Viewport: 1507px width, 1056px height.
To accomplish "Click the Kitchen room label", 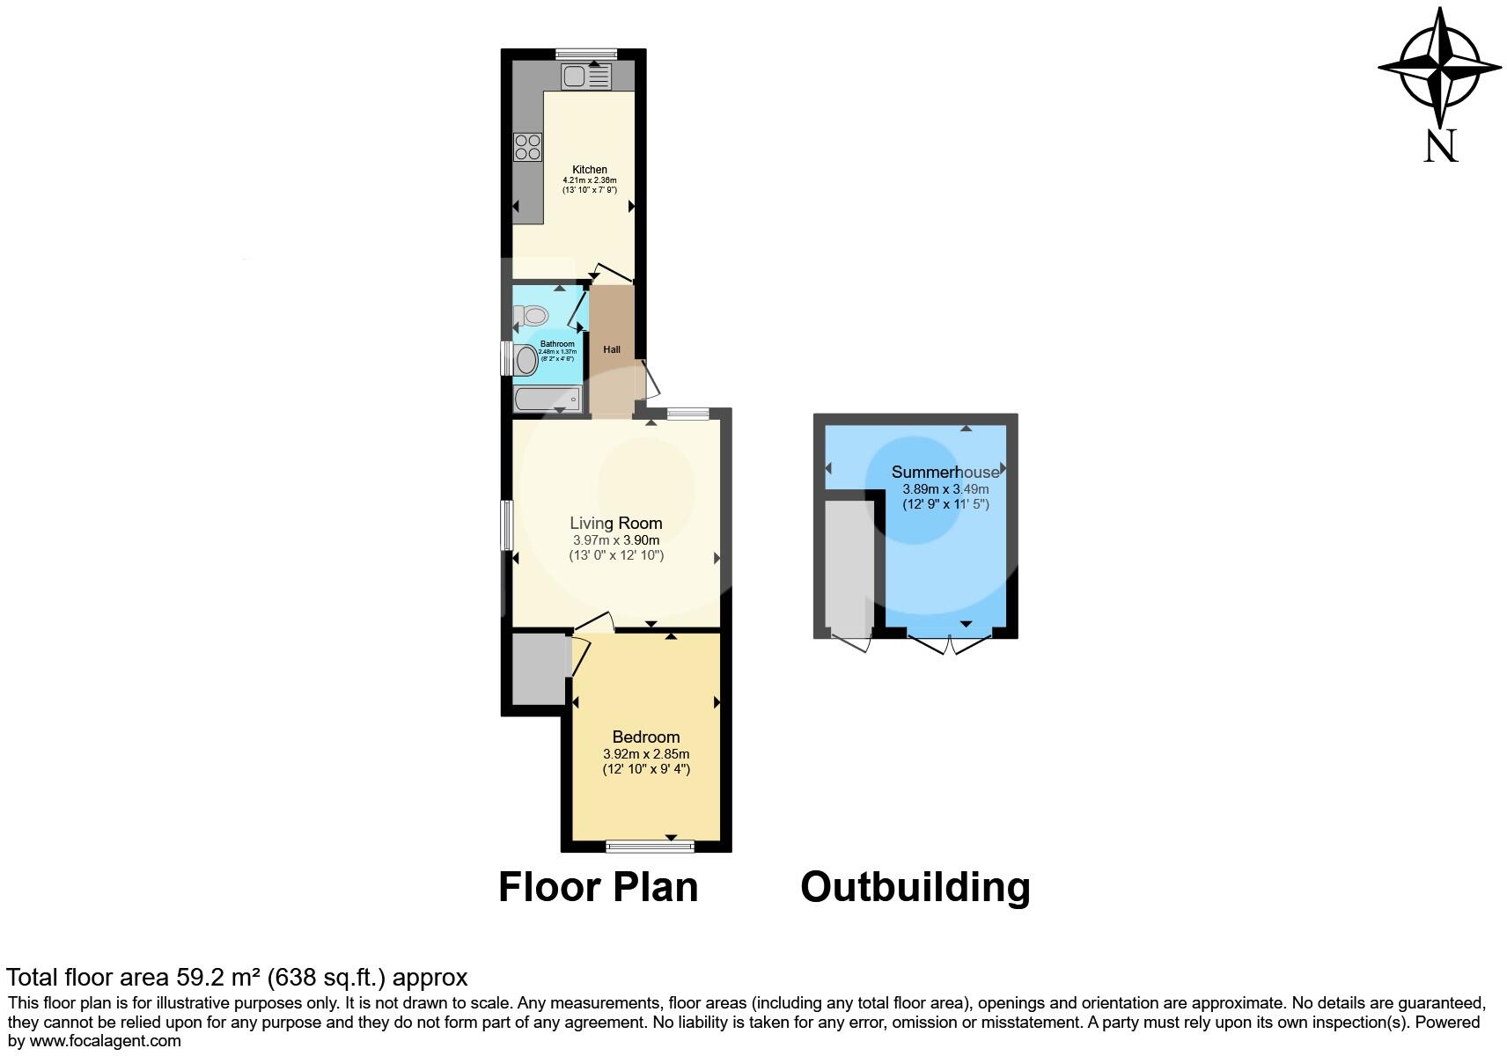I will (590, 170).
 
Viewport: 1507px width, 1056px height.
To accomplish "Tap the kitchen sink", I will (585, 78).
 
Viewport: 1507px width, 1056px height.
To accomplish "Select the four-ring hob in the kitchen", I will (528, 146).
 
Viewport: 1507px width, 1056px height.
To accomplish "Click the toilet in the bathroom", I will (532, 315).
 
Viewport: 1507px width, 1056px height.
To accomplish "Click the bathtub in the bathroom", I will (548, 400).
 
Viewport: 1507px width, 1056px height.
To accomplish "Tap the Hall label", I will (612, 349).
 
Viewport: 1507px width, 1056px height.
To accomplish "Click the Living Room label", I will (616, 523).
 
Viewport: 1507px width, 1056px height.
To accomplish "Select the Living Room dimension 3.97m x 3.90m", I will (616, 539).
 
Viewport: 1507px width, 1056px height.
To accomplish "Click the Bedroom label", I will (646, 737).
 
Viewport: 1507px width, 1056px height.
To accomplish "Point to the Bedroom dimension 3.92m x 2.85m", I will (646, 754).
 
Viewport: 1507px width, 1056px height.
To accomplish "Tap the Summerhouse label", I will (945, 473).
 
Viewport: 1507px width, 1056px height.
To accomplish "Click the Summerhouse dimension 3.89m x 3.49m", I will (945, 489).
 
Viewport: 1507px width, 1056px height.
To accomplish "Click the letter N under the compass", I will (1441, 146).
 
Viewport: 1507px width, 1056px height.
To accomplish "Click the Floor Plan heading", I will (599, 887).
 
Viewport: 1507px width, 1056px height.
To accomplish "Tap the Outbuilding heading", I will (915, 887).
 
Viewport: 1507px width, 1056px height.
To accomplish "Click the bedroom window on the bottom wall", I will (651, 847).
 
